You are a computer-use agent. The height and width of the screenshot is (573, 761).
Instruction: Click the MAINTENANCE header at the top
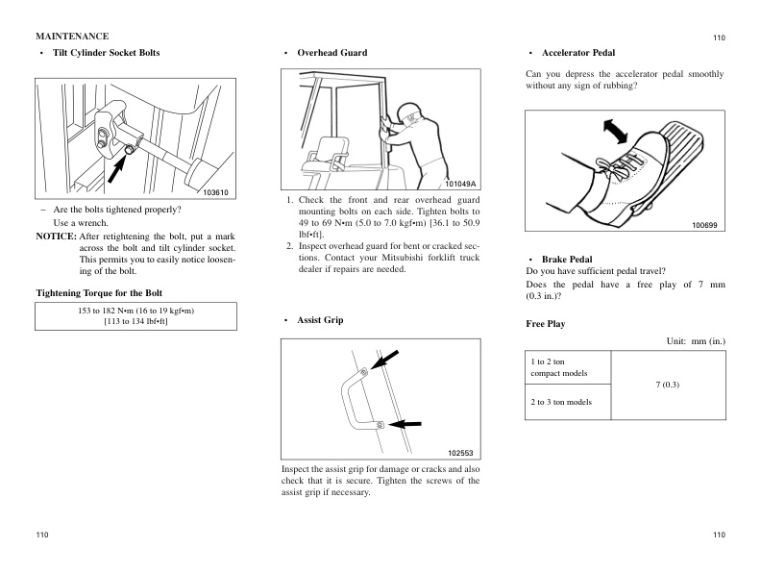[72, 37]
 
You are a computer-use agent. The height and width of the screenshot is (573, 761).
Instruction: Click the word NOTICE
[55, 236]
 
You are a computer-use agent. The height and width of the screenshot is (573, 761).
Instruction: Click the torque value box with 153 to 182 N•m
[135, 316]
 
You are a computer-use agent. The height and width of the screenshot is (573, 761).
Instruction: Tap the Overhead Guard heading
[331, 52]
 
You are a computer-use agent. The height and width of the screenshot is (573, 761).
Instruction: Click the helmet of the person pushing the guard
[409, 108]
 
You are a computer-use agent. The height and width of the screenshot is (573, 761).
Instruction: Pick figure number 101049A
[460, 184]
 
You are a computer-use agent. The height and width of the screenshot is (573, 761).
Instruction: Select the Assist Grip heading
[320, 319]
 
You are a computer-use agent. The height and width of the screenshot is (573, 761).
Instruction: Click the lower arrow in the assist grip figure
[406, 423]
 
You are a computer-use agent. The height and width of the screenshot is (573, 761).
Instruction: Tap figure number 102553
[461, 453]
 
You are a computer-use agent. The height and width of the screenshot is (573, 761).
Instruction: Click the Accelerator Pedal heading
[578, 52]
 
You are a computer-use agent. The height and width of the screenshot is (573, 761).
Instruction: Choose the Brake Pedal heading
[567, 260]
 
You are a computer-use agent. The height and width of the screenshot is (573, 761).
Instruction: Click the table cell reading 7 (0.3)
[667, 385]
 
